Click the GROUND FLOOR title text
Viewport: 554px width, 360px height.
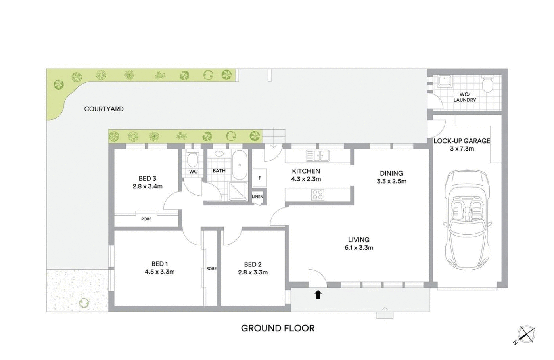coord(278,328)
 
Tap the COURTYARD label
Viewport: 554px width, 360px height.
coord(104,109)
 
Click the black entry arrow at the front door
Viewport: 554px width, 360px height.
coord(318,295)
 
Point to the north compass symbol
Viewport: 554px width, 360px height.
coord(526,334)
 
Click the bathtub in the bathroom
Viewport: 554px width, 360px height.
coord(240,165)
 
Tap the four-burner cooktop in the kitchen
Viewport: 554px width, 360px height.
coord(317,194)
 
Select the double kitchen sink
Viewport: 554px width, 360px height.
coord(317,155)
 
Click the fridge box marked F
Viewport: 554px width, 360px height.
coord(260,178)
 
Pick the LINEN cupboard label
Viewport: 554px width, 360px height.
coord(257,197)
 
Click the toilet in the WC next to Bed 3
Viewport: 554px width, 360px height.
coord(193,159)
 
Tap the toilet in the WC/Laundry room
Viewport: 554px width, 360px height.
coord(487,84)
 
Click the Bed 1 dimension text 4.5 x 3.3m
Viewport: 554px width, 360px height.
coord(159,272)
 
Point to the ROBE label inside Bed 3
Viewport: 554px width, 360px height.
coord(146,219)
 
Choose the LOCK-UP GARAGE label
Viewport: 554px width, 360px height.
coord(462,141)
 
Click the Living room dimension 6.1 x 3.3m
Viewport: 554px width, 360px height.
coord(358,248)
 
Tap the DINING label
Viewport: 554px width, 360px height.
coord(391,173)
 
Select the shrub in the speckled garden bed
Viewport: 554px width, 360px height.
coord(84,303)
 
